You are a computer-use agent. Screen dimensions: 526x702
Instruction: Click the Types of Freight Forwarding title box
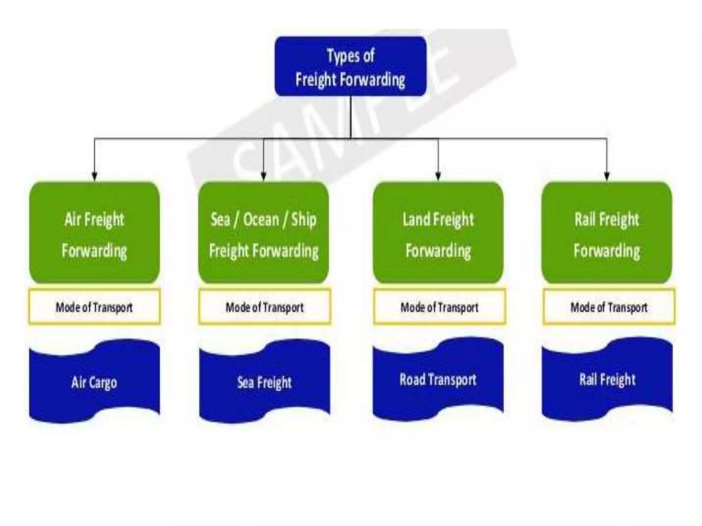tap(350, 66)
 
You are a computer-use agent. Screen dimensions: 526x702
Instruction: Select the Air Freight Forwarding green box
tap(94, 233)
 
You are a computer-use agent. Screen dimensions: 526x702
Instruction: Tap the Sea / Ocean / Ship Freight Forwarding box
tap(263, 233)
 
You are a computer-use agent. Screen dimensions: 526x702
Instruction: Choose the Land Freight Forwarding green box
tap(438, 233)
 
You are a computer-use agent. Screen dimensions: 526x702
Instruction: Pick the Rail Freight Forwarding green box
tap(607, 233)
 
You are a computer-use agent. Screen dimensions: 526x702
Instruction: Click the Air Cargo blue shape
tap(94, 382)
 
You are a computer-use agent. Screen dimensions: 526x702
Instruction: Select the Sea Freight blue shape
tap(264, 382)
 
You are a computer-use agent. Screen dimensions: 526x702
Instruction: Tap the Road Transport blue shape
tap(438, 379)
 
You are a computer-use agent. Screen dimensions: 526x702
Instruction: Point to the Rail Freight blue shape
tap(607, 379)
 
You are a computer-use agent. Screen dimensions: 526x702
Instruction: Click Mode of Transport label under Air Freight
tap(94, 307)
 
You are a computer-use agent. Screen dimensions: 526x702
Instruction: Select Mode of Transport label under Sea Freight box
tap(264, 307)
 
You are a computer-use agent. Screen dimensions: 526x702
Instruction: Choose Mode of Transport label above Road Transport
tap(439, 307)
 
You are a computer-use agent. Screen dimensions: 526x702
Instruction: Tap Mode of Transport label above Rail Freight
tap(609, 307)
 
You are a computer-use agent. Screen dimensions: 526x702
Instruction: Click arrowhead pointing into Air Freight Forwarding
tap(95, 176)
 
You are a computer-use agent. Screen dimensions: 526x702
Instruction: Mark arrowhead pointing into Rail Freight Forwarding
tap(607, 176)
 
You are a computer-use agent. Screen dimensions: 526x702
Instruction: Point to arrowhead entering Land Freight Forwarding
tap(438, 176)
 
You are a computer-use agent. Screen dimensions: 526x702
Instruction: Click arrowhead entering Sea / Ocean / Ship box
tap(263, 176)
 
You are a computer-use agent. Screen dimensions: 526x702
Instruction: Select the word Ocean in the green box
tap(261, 219)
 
